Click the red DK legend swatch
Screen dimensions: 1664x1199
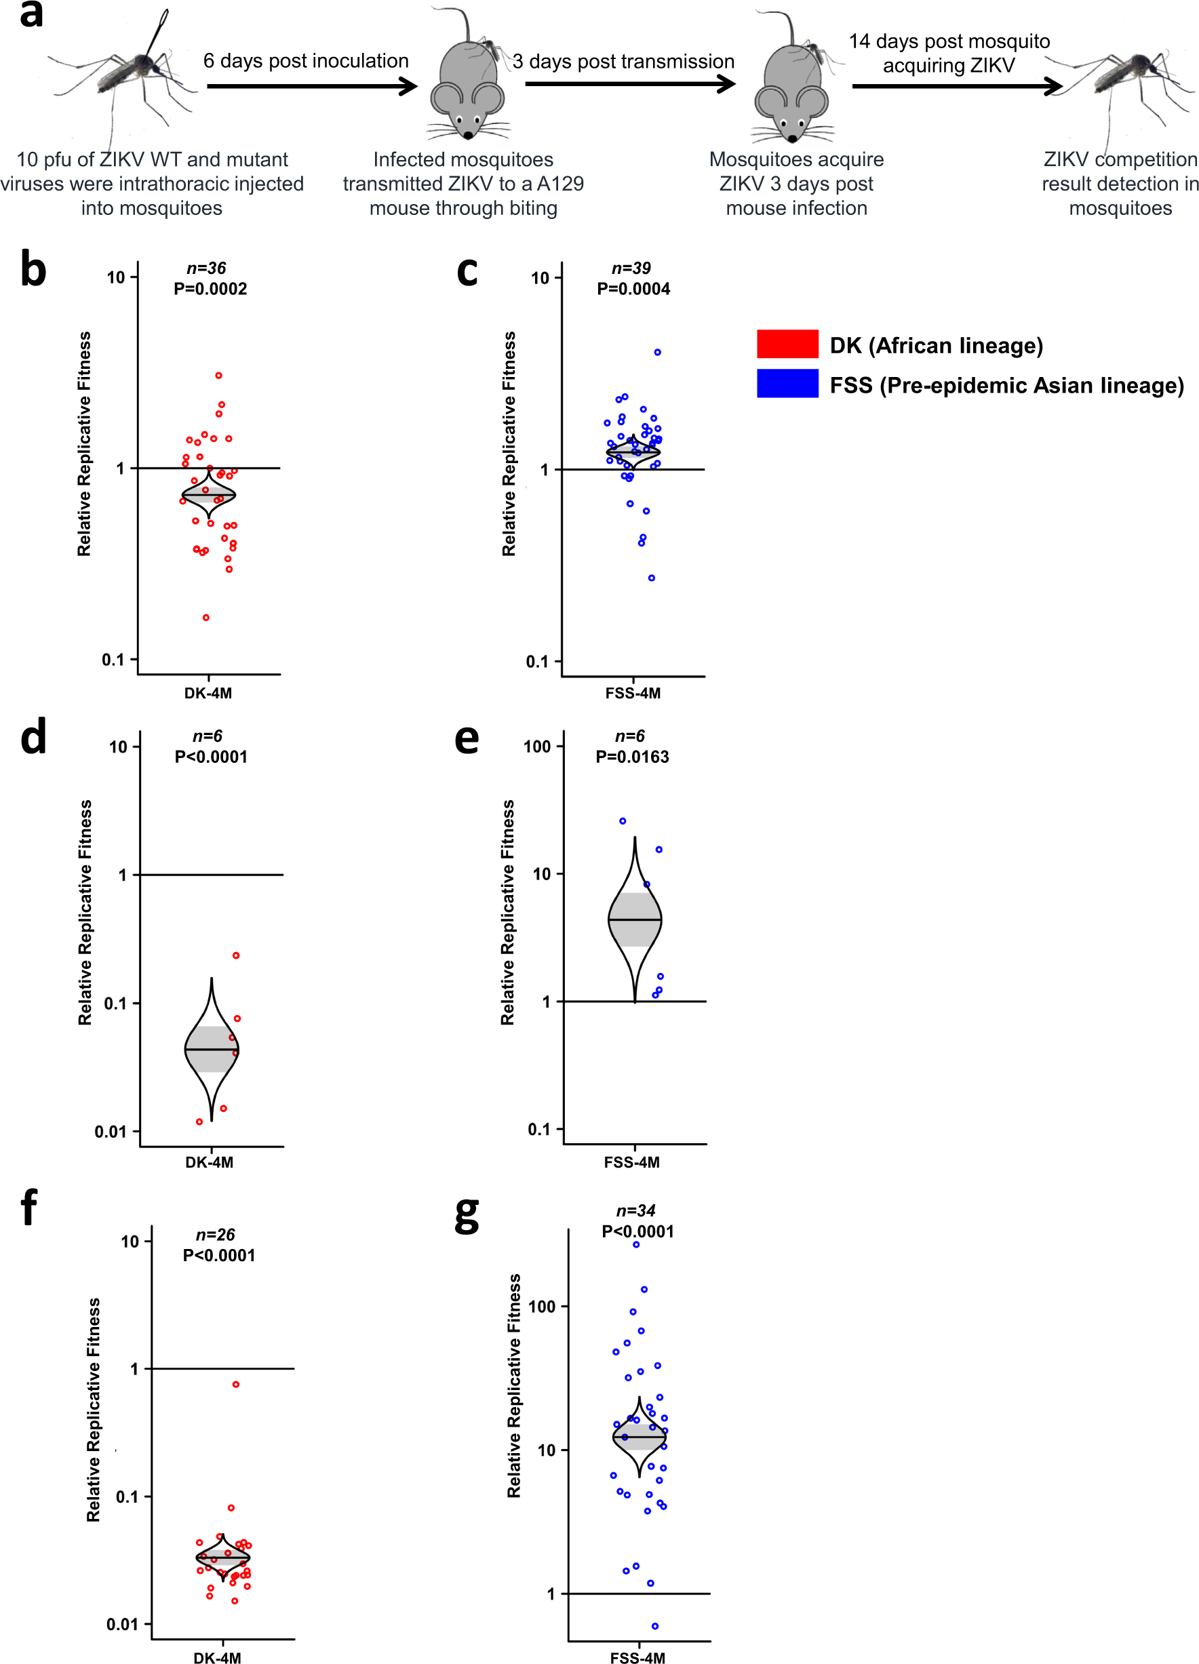(x=787, y=343)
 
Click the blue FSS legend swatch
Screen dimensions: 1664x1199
(x=787, y=383)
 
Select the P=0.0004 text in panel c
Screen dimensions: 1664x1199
(x=633, y=289)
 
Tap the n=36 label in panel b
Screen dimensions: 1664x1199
(x=206, y=269)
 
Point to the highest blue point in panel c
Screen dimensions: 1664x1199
(x=657, y=352)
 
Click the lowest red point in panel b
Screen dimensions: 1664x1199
(x=206, y=618)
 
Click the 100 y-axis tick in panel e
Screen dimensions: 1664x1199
(x=536, y=747)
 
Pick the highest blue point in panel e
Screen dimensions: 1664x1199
(x=623, y=821)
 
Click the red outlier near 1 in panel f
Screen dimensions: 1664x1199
(x=235, y=1385)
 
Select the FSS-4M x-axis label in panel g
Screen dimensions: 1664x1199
(x=637, y=1657)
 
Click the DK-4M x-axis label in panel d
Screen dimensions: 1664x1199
(x=209, y=1162)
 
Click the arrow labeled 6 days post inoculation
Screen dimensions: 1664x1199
(x=312, y=87)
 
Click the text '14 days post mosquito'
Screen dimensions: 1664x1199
(x=949, y=41)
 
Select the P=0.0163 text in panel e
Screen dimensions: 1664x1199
(x=632, y=757)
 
